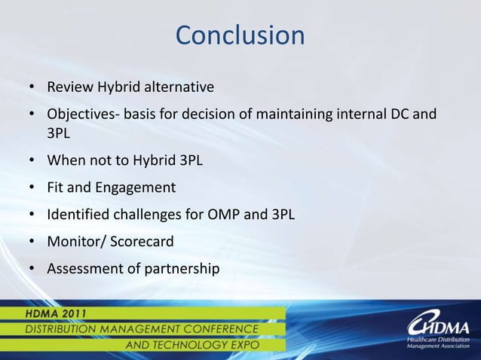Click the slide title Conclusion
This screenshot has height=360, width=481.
point(240,35)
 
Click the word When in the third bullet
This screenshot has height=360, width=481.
point(63,161)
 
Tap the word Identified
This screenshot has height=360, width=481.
point(76,214)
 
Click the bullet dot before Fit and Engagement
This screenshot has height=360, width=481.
point(32,188)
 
